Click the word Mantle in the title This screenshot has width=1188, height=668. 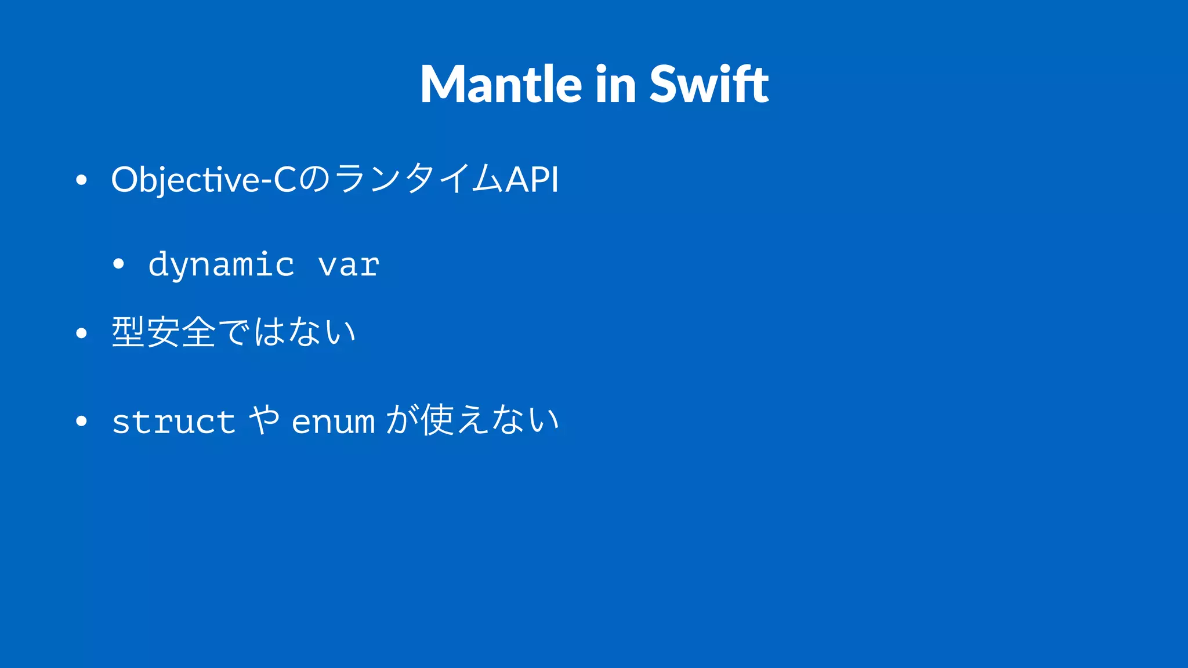coord(501,85)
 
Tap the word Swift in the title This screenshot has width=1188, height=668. coord(709,85)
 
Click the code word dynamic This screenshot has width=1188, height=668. coord(221,265)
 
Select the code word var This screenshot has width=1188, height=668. coord(349,266)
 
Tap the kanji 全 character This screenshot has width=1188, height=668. coord(198,332)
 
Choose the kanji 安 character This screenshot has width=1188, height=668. coord(163,332)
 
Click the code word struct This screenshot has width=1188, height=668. coord(173,422)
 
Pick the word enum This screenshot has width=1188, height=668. coord(333,422)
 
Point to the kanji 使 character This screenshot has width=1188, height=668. coord(437,420)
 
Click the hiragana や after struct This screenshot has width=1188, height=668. coord(263,420)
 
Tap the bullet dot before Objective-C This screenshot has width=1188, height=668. coord(81,180)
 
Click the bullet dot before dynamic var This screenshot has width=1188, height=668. coord(119,264)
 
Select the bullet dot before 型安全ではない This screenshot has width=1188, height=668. coord(81,333)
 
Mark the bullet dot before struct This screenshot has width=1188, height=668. coord(81,422)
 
